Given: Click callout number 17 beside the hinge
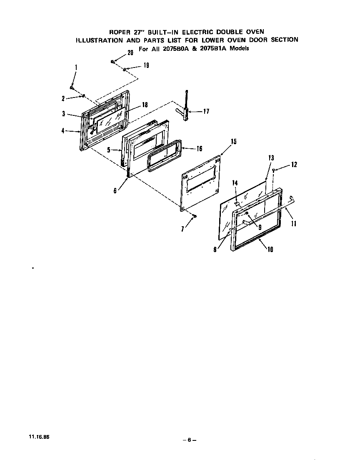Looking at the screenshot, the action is tap(206, 111).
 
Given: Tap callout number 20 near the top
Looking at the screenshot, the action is tap(130, 53).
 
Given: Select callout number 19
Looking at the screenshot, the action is tap(146, 65).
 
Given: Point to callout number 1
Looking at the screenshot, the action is tap(76, 67).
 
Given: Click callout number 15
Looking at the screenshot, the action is tap(233, 142).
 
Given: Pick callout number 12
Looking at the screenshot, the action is tap(294, 165).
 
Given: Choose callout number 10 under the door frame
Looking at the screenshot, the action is tap(270, 250).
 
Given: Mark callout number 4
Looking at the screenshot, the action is tap(63, 131).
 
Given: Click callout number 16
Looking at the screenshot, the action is tap(199, 148).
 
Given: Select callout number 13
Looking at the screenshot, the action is tap(271, 158).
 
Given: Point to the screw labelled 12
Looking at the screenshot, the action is tap(273, 170).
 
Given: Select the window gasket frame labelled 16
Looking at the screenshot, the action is tap(165, 155).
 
